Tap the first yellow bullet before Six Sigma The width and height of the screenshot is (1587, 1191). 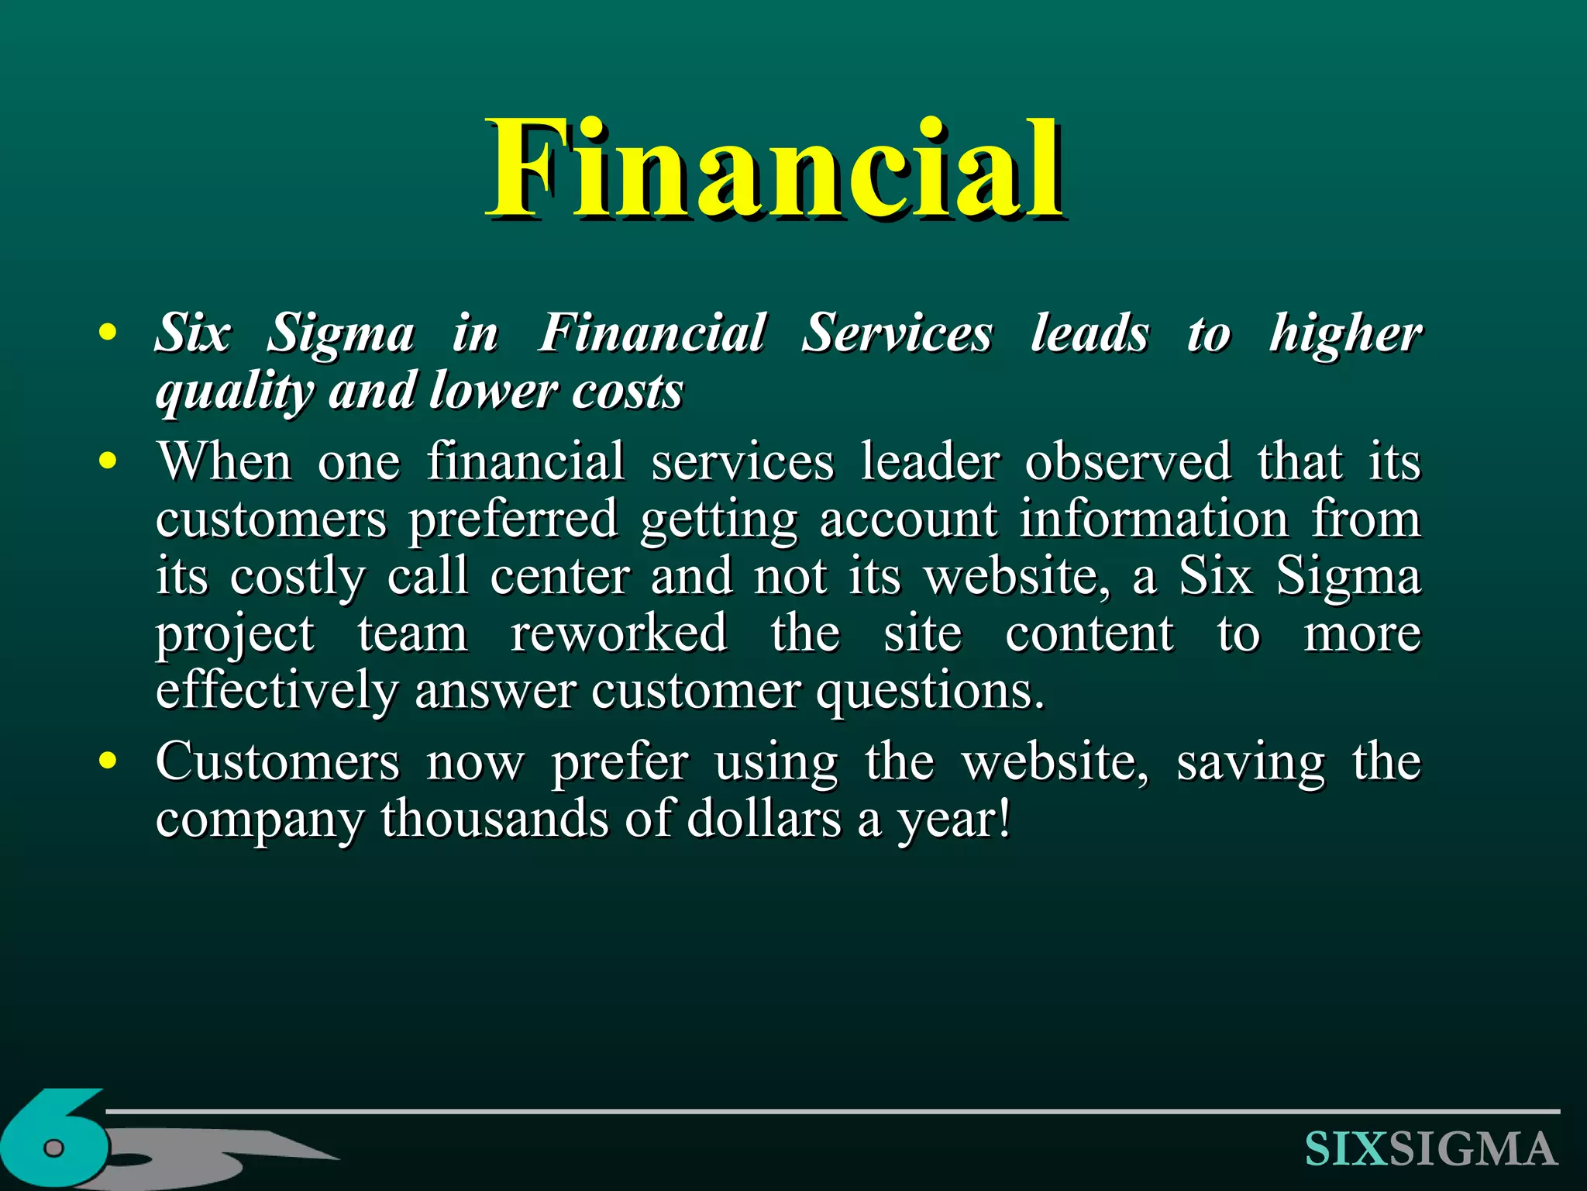pos(108,333)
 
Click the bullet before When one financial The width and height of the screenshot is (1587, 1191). pos(108,461)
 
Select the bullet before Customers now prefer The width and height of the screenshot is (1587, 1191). pos(108,761)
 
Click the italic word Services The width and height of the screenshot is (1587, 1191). pos(897,333)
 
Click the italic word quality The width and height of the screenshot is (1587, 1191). pos(233,392)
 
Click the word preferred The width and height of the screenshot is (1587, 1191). pos(513,520)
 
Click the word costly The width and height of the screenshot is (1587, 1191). pos(297,578)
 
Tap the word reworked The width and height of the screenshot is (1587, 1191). pos(618,633)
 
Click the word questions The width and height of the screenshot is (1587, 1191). pos(929,692)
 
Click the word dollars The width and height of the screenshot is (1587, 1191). pos(763,819)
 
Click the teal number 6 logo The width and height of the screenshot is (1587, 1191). pos(54,1140)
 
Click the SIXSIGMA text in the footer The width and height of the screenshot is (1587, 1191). pos(1430,1149)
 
